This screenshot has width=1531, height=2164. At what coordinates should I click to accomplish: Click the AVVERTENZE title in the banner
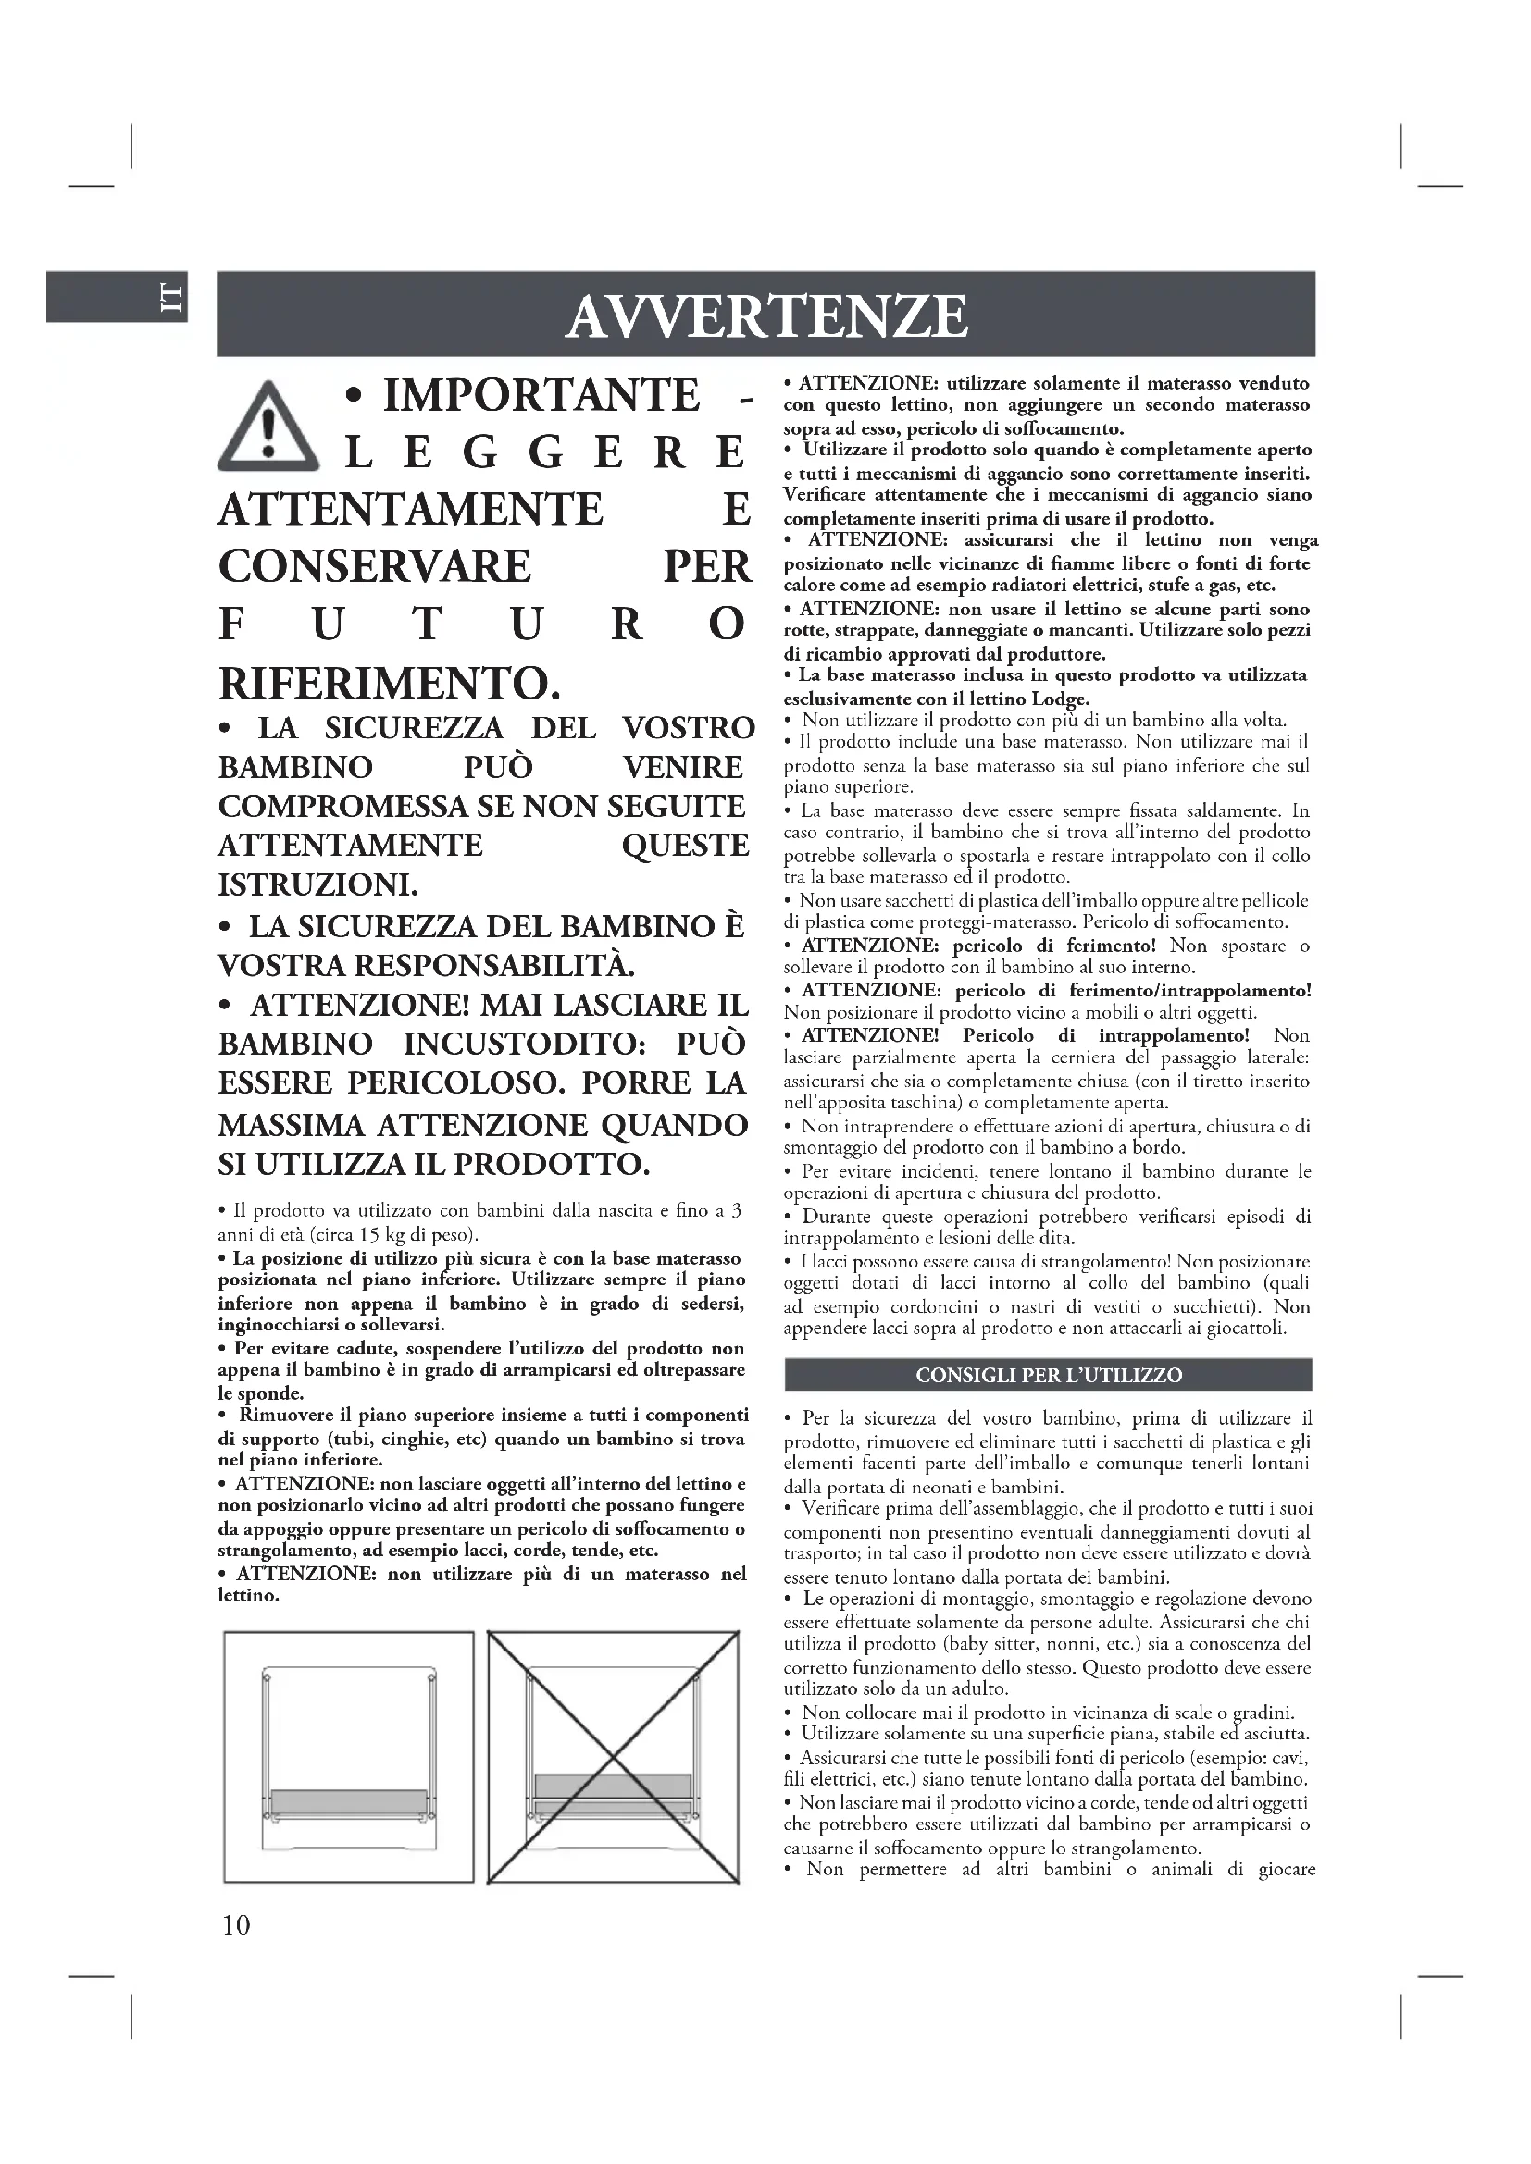pyautogui.click(x=765, y=315)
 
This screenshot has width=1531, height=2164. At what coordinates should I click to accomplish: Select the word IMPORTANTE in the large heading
pyautogui.click(x=541, y=394)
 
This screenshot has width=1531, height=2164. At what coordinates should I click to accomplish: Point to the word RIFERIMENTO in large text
pyautogui.click(x=389, y=683)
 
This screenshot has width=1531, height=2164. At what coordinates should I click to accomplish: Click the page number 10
pyautogui.click(x=236, y=1923)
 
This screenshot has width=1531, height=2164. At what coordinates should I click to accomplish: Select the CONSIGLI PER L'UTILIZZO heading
pyautogui.click(x=1049, y=1375)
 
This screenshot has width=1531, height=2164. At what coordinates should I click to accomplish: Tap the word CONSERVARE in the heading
pyautogui.click(x=374, y=566)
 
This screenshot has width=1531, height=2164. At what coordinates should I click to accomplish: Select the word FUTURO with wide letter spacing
pyautogui.click(x=482, y=624)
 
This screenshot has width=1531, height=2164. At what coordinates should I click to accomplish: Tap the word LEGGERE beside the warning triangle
pyautogui.click(x=545, y=452)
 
